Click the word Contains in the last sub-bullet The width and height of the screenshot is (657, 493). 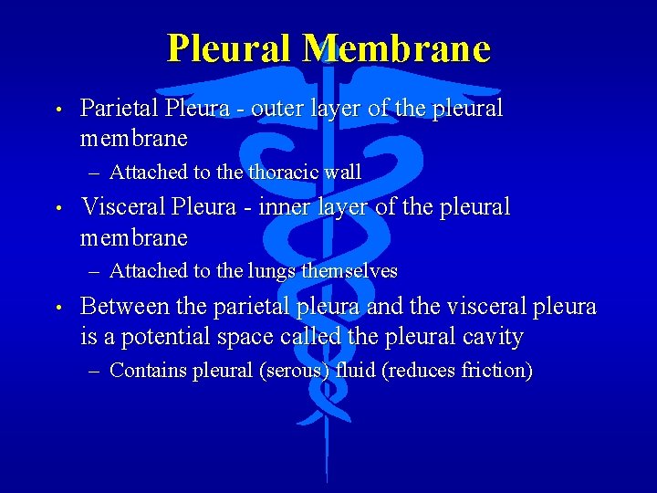tap(149, 371)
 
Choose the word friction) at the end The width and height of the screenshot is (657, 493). tap(497, 371)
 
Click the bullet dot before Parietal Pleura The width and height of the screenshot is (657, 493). tap(57, 109)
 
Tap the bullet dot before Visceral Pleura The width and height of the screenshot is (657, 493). tap(57, 208)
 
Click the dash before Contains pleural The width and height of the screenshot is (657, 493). tap(96, 372)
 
